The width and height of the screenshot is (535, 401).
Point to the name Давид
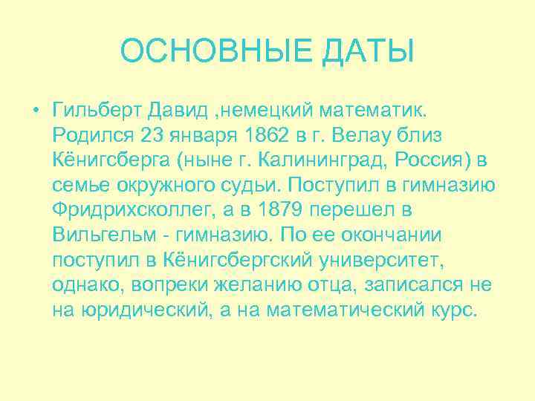pyautogui.click(x=173, y=111)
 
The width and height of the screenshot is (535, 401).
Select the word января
pyautogui.click(x=206, y=137)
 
